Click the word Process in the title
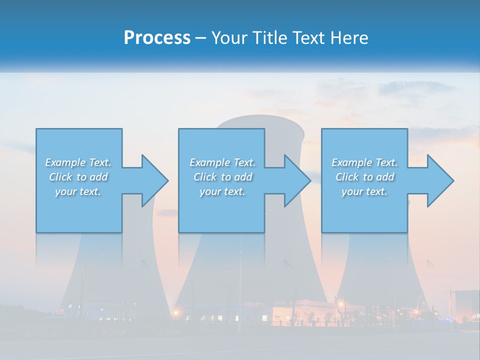click(x=157, y=38)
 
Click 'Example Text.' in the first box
click(x=78, y=162)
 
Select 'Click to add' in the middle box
click(x=222, y=177)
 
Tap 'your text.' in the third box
click(x=364, y=191)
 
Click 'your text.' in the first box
click(x=78, y=191)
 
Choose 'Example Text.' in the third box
click(x=364, y=162)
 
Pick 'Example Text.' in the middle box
click(x=222, y=162)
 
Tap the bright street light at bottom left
click(x=176, y=312)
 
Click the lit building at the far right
click(x=467, y=305)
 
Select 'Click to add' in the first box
click(x=78, y=177)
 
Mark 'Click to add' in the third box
click(x=364, y=177)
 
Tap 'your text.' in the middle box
click(x=222, y=191)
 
